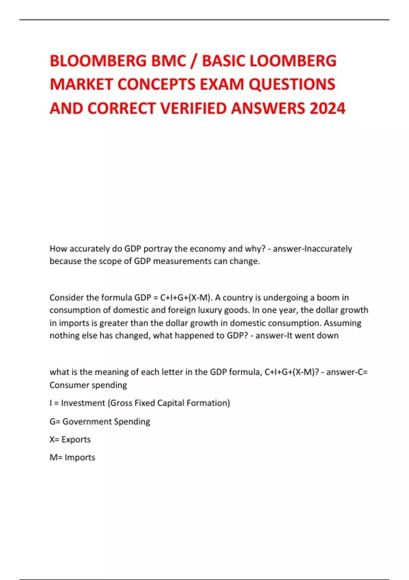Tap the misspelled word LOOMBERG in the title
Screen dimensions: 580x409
[293, 61]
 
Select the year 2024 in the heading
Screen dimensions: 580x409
[328, 108]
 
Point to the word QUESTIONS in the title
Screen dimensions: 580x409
[292, 85]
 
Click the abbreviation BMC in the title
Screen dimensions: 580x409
[169, 61]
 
